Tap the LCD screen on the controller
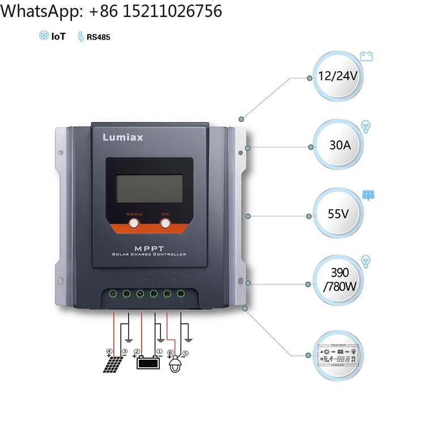pos(150,188)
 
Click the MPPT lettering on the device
pos(149,248)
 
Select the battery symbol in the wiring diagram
pos(147,362)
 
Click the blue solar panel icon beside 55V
pos(369,195)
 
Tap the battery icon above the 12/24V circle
pos(367,56)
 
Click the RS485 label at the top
pos(98,37)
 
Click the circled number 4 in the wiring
pos(109,351)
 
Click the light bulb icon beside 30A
pos(366,126)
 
